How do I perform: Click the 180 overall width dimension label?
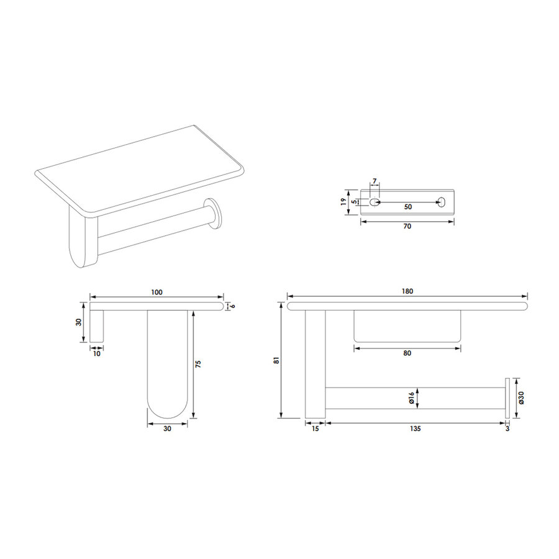[x=407, y=291]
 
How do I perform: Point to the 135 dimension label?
[x=416, y=429]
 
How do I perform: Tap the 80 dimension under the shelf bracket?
[x=407, y=353]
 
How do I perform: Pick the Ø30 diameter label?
[x=521, y=397]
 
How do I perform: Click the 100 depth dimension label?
[x=157, y=292]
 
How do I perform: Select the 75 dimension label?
[x=198, y=363]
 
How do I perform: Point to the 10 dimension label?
[x=96, y=353]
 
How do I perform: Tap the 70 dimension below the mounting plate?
[x=407, y=227]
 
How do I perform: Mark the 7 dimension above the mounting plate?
[x=374, y=181]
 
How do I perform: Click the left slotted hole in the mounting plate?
[x=374, y=202]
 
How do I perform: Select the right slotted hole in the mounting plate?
[x=442, y=202]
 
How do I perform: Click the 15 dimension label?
[x=315, y=429]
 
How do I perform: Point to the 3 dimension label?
[x=507, y=429]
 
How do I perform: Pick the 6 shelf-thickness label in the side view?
[x=233, y=305]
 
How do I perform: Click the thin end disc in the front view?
[x=507, y=398]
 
